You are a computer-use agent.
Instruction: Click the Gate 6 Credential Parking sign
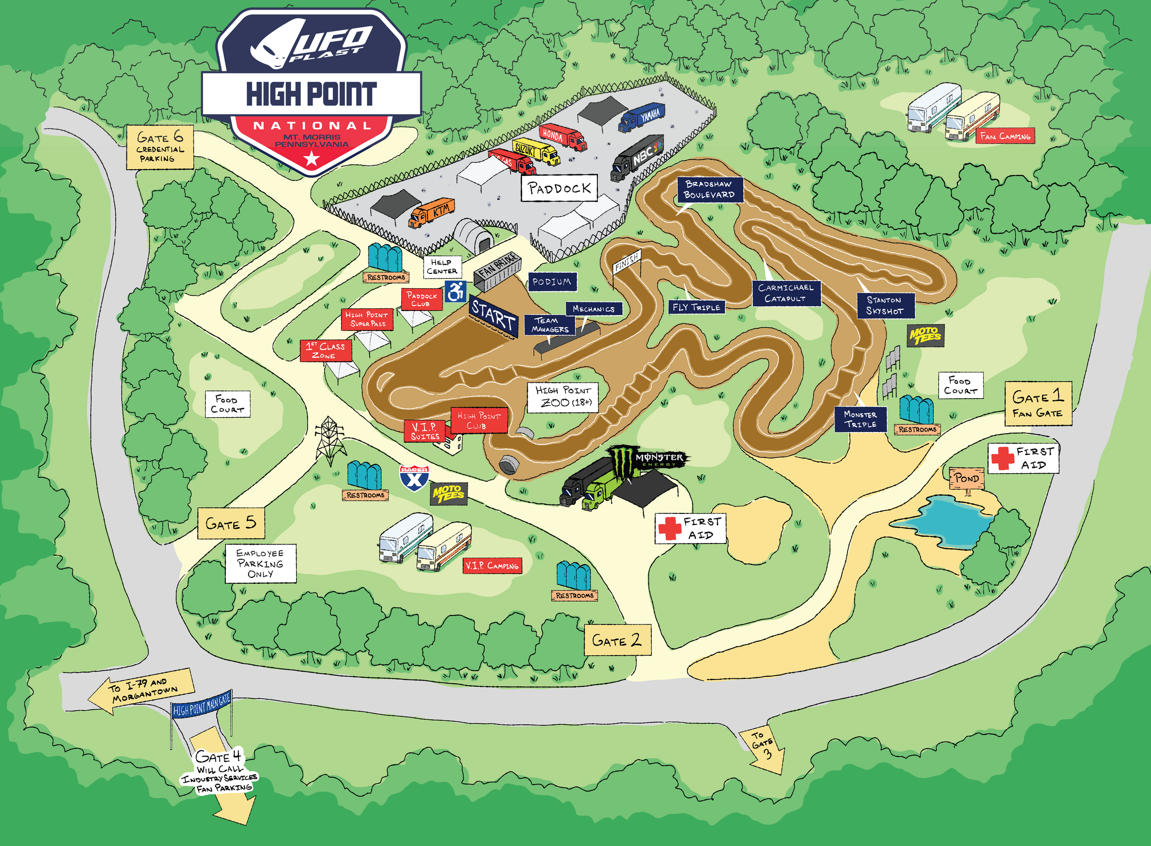tap(160, 148)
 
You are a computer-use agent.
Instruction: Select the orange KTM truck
tap(432, 212)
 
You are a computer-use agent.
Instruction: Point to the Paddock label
tap(559, 188)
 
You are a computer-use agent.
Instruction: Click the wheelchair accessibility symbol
tap(455, 291)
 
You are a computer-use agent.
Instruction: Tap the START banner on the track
tap(493, 317)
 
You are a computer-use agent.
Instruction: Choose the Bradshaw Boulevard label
tap(710, 190)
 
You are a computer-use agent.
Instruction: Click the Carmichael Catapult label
tap(786, 293)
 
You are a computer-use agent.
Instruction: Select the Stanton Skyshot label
tap(885, 306)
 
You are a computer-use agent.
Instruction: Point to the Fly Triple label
tap(696, 307)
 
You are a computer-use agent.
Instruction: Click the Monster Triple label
tap(860, 419)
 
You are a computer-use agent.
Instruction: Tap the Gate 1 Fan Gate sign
tap(1038, 403)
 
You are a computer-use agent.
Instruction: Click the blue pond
tap(952, 521)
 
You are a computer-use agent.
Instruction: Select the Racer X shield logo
tap(414, 478)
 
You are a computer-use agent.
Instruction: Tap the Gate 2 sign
tap(617, 640)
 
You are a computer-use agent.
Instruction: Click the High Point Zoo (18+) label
tap(563, 397)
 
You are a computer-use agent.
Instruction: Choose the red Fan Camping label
tap(1005, 136)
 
